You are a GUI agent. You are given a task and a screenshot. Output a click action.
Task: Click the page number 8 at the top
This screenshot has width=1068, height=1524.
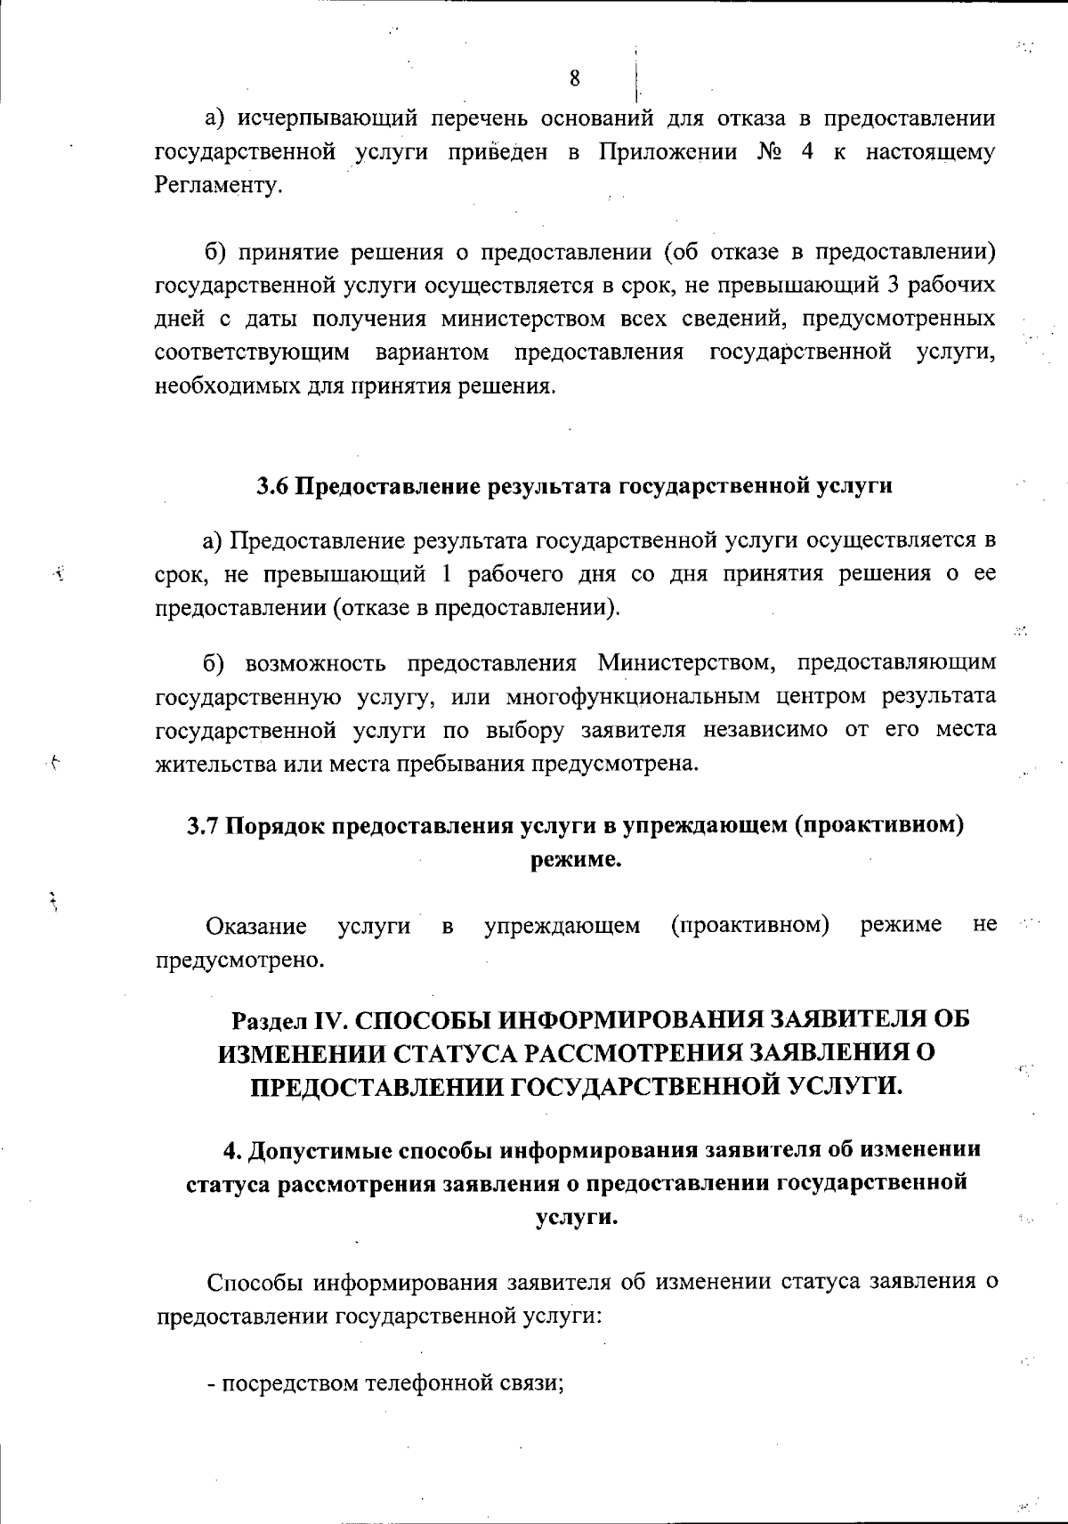(x=574, y=78)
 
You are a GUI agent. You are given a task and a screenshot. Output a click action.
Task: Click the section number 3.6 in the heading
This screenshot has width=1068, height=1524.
(x=273, y=487)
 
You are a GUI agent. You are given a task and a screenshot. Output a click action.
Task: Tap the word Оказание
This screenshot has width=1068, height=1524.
(x=256, y=927)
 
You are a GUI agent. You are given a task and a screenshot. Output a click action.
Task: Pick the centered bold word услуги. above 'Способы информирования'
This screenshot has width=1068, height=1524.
(x=576, y=1218)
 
